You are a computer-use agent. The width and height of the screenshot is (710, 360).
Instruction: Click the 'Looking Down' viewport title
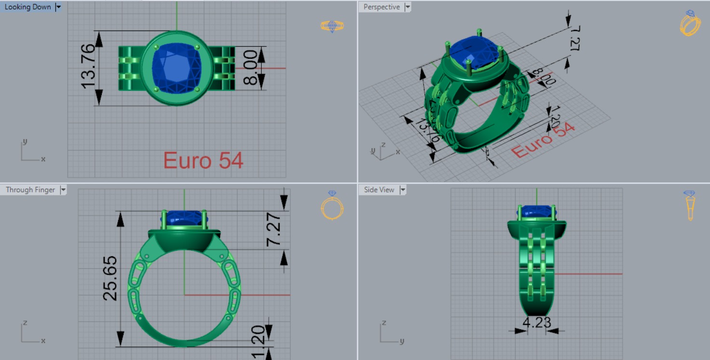pos(27,7)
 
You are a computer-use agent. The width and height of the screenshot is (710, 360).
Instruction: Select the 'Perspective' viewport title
pos(381,7)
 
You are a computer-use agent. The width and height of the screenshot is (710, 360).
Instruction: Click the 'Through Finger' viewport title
pos(30,190)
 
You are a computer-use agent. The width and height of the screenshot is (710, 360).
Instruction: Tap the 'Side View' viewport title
pos(379,190)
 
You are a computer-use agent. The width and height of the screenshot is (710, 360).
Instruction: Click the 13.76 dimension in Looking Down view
pos(89,66)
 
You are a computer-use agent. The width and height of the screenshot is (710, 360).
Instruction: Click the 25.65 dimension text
pos(110,278)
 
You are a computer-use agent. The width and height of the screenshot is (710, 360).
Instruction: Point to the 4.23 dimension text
pos(536,322)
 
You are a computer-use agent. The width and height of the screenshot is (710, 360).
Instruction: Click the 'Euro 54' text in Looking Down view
pos(203,161)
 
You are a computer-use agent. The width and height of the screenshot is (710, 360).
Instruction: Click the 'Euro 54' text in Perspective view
pos(543,140)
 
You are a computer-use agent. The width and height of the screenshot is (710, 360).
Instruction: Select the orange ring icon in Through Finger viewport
pos(332,205)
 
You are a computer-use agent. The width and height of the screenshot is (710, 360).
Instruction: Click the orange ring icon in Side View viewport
pos(690,205)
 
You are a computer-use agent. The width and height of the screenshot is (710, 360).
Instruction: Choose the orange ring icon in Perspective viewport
pos(690,23)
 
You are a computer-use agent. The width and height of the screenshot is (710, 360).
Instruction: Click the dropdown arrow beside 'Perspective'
pos(408,7)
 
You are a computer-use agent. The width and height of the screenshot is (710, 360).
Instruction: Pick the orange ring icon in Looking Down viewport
pos(332,26)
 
